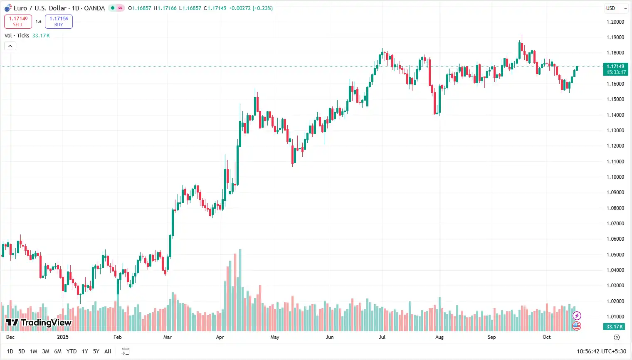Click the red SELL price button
[18, 22]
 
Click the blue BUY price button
[59, 22]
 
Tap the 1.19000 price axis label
[615, 37]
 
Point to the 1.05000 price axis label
[615, 255]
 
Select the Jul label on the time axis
[382, 337]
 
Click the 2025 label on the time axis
[63, 337]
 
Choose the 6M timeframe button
[58, 351]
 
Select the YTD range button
[72, 351]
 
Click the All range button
[108, 351]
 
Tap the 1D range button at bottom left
[10, 351]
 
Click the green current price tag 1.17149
[615, 69]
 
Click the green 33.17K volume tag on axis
[615, 327]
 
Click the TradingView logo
[39, 323]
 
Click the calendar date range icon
[126, 351]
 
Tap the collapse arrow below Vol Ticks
[10, 46]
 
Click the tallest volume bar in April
[240, 291]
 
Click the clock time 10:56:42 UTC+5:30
[601, 351]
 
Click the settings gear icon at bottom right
[617, 337]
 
